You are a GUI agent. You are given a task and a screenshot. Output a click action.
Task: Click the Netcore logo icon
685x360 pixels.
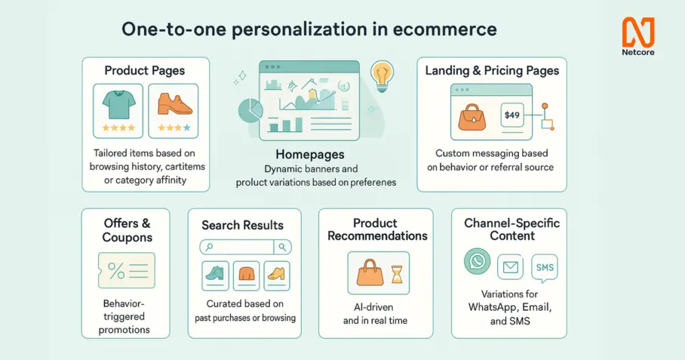tap(638, 32)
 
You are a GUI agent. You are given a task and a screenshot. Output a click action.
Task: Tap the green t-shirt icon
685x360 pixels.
tap(118, 105)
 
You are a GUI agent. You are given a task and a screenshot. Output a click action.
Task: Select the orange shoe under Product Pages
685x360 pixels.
tap(175, 104)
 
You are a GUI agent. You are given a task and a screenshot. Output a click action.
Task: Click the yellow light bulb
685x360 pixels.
tap(382, 75)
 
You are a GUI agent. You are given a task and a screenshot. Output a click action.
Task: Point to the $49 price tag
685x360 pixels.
tap(512, 115)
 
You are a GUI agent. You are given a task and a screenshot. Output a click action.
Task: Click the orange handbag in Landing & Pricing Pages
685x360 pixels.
tap(472, 117)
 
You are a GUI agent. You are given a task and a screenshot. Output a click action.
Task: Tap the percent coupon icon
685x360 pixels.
tap(127, 270)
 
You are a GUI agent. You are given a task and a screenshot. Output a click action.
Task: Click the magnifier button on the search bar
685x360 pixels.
tap(282, 248)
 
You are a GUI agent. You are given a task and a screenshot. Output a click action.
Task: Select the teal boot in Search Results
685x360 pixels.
tap(215, 273)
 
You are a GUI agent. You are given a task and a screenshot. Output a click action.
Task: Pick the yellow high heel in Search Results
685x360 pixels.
tap(277, 274)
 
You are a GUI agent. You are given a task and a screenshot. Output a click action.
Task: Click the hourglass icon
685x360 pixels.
tap(397, 274)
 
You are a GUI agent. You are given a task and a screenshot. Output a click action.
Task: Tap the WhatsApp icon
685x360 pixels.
tap(477, 261)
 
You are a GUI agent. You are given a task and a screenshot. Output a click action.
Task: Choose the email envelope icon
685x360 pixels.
tap(510, 267)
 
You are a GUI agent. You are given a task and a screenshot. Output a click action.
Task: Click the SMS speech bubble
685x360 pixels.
tap(545, 268)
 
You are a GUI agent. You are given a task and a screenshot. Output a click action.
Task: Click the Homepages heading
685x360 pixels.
tap(310, 154)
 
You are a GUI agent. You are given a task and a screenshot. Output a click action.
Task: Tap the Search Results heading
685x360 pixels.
tap(242, 225)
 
